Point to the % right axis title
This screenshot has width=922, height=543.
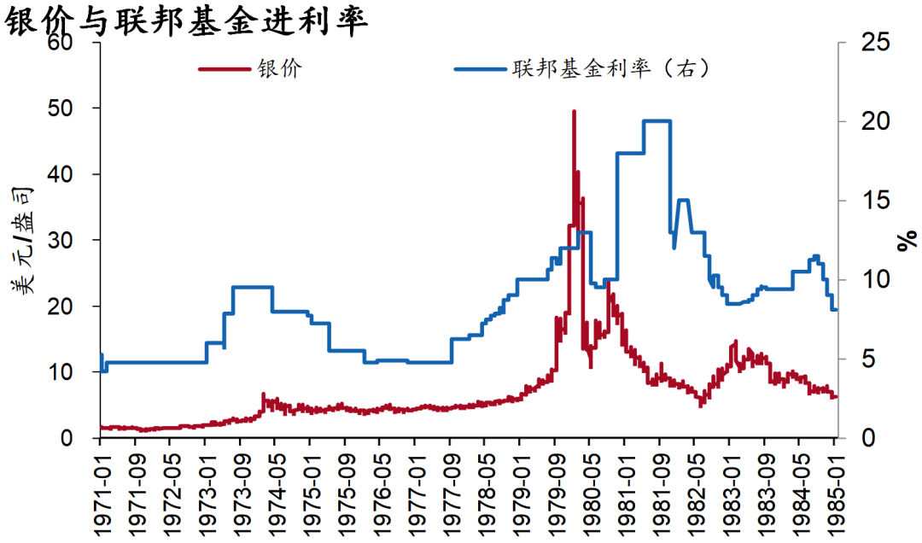point(907,240)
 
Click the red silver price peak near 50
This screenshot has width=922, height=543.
point(574,112)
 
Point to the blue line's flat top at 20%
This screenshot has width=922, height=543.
point(656,121)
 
